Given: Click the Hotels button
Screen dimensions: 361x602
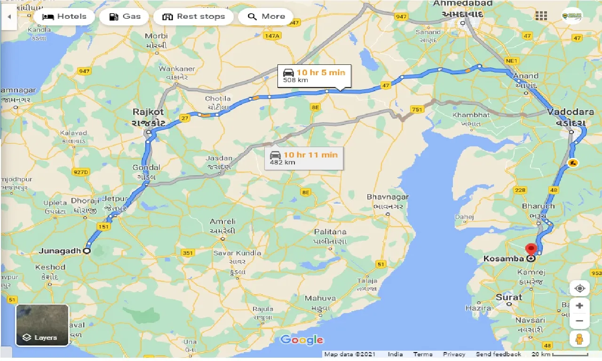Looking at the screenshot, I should (64, 17).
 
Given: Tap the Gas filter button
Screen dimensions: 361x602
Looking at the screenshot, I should (125, 17).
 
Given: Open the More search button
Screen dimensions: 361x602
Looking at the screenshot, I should (266, 17).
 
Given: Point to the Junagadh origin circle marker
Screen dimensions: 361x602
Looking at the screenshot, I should (87, 251).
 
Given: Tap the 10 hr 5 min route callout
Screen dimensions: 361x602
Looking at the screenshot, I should (314, 76).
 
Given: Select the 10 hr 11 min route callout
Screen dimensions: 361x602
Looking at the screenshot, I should (304, 158).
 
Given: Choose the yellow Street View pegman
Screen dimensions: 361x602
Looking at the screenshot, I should (579, 339).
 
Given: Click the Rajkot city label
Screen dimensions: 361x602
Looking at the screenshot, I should (148, 112).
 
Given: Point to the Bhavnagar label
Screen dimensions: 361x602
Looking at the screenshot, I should (388, 197).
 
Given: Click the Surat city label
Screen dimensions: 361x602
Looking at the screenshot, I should (508, 297).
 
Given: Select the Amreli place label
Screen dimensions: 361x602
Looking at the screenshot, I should (223, 221).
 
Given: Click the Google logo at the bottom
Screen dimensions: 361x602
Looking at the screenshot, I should (301, 340).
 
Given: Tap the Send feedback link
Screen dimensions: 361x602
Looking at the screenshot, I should (498, 354).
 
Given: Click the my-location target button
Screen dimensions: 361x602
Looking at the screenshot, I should (579, 288).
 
